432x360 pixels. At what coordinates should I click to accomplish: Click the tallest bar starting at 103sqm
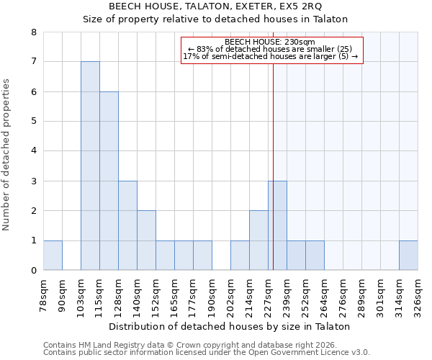click(x=90, y=166)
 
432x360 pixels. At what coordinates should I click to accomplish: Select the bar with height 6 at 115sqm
click(x=109, y=181)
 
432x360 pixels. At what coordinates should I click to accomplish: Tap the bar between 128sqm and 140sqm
click(x=127, y=225)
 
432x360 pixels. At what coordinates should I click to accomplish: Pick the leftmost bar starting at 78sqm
click(x=53, y=256)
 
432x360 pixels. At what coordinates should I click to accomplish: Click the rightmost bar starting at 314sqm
click(x=408, y=256)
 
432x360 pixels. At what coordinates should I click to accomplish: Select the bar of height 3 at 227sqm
click(x=277, y=225)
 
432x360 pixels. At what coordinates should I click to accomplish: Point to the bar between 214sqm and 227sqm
click(x=258, y=240)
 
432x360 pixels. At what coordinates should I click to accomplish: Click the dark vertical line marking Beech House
click(x=274, y=144)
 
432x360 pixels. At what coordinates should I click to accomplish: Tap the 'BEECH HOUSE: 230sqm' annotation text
click(x=270, y=42)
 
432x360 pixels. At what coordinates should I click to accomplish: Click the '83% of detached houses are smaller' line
click(x=270, y=49)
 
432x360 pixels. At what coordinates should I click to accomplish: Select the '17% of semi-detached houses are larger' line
click(x=270, y=56)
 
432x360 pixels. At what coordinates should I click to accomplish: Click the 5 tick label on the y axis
click(x=33, y=122)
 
